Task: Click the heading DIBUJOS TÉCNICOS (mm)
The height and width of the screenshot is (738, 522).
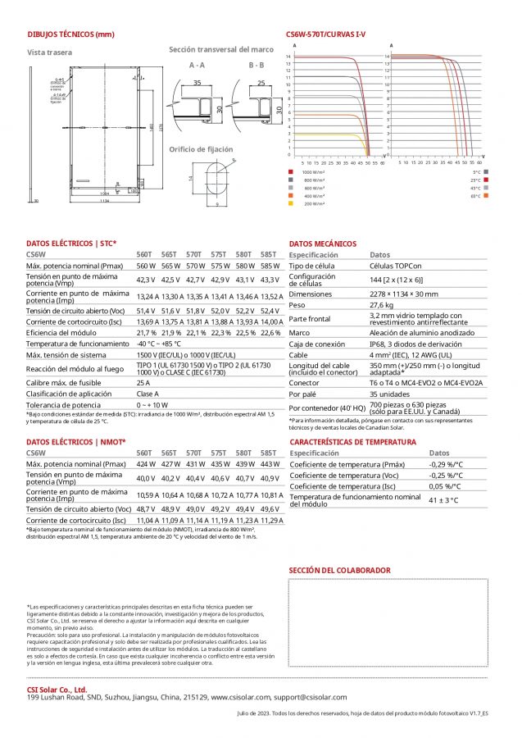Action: [x=70, y=34]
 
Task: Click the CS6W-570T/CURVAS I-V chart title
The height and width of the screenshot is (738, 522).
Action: [x=325, y=34]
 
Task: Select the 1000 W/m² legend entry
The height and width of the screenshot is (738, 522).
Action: [x=314, y=172]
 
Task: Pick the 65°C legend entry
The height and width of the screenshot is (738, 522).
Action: [x=476, y=196]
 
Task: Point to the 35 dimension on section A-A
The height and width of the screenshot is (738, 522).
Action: [x=197, y=83]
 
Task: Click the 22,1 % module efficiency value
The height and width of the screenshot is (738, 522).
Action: [x=195, y=333]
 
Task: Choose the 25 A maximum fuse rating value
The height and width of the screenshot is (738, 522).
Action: [x=143, y=382]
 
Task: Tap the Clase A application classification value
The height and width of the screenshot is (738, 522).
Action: [x=148, y=394]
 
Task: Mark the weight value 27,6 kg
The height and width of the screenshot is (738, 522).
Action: [x=382, y=303]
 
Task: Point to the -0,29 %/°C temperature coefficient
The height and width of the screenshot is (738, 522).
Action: [x=447, y=463]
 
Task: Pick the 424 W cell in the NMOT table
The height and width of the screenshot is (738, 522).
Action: [x=145, y=463]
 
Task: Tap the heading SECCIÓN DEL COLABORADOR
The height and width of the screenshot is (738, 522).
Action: [x=339, y=570]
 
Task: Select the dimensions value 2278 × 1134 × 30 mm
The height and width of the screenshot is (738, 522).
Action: [x=404, y=293]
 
